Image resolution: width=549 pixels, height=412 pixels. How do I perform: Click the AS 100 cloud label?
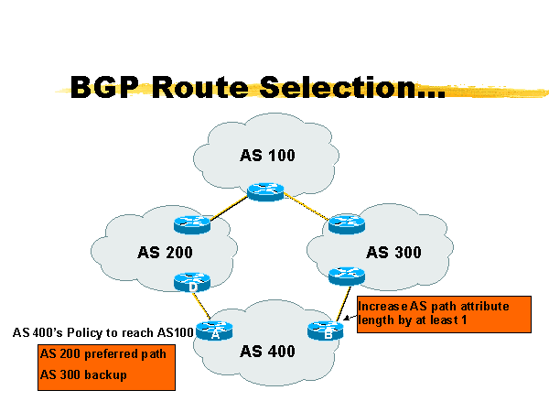(267, 155)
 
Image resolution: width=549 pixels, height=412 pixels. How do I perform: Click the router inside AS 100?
(265, 191)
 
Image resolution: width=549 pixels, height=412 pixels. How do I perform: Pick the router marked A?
(216, 331)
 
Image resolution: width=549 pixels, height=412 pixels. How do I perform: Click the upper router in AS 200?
(192, 222)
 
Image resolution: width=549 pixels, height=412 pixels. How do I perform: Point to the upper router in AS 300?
(347, 222)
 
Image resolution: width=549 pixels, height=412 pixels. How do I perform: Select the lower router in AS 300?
(346, 275)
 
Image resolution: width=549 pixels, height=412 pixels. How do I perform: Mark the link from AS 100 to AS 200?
(229, 207)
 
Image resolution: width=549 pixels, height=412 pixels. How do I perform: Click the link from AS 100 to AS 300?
(307, 208)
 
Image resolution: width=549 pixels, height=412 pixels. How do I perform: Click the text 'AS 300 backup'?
(83, 375)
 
